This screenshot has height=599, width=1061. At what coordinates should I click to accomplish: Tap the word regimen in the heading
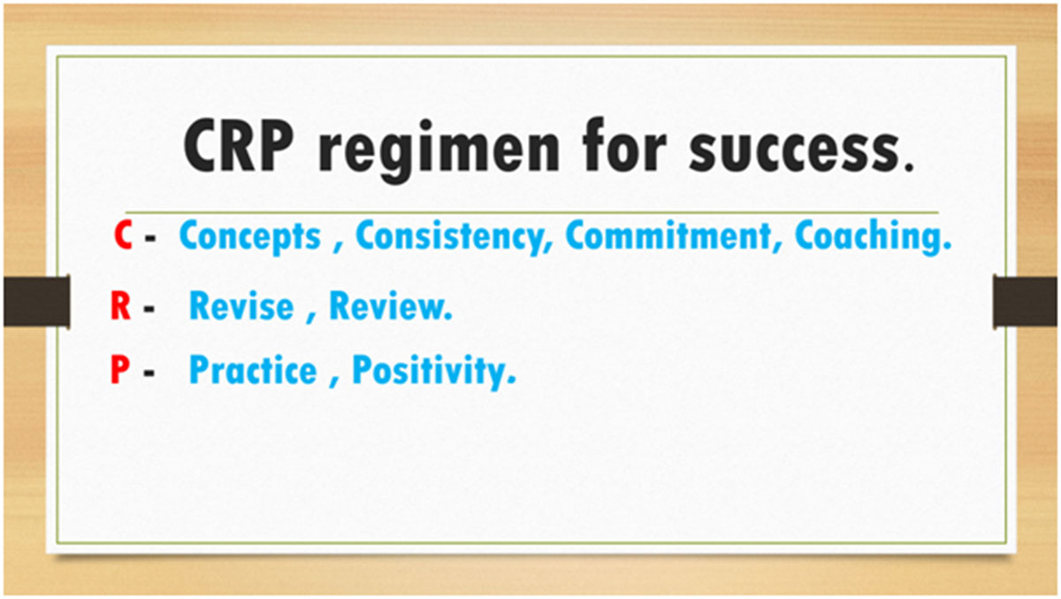pyautogui.click(x=439, y=150)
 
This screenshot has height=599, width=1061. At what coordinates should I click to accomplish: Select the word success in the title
pyautogui.click(x=795, y=150)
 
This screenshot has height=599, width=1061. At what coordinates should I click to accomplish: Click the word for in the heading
pyautogui.click(x=625, y=145)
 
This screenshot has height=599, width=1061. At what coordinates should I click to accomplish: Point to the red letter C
pyautogui.click(x=123, y=235)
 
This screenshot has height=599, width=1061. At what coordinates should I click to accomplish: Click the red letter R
pyautogui.click(x=120, y=306)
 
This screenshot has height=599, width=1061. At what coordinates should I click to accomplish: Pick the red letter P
pyautogui.click(x=120, y=370)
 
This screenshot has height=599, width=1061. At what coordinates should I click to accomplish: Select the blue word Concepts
pyautogui.click(x=250, y=237)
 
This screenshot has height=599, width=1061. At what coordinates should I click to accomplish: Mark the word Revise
pyautogui.click(x=241, y=306)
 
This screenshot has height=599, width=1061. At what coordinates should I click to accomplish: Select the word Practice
pyautogui.click(x=253, y=370)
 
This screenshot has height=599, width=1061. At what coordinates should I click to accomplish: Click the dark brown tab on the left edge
pyautogui.click(x=37, y=302)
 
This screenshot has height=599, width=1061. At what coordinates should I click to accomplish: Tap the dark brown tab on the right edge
pyautogui.click(x=1025, y=302)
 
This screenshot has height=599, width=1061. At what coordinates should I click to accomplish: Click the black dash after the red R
pyautogui.click(x=149, y=309)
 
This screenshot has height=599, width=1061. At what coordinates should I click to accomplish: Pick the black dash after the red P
pyautogui.click(x=149, y=373)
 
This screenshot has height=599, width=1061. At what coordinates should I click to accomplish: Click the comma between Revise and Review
pyautogui.click(x=311, y=319)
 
